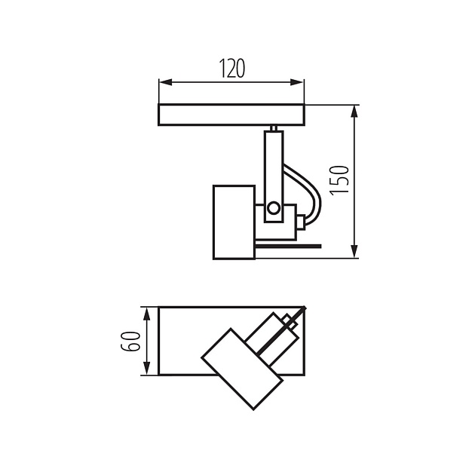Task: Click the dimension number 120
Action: point(232,68)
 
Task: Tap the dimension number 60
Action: point(132,341)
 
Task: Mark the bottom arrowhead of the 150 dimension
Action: point(354,253)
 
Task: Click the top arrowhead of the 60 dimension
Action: point(145,311)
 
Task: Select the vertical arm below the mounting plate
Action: point(273,162)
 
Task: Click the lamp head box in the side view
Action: point(233,221)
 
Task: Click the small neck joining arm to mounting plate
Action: point(273,128)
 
